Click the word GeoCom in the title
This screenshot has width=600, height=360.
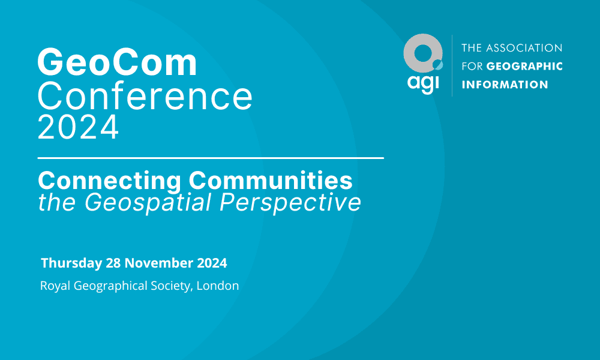click(x=117, y=62)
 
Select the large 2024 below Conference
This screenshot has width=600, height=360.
click(x=78, y=127)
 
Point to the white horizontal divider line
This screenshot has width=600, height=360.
click(x=211, y=158)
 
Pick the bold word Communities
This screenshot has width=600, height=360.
click(x=271, y=180)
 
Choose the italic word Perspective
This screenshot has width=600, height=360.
click(x=290, y=203)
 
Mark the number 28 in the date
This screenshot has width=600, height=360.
click(x=113, y=263)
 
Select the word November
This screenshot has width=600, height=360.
click(x=159, y=263)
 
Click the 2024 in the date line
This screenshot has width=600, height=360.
click(x=212, y=263)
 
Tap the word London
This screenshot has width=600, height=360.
click(x=218, y=286)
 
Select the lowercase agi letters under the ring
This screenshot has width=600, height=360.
click(x=423, y=83)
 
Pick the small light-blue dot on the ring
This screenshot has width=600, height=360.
click(x=438, y=65)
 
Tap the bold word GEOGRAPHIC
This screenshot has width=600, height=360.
click(x=524, y=66)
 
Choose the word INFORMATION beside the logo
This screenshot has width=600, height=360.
click(x=505, y=85)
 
